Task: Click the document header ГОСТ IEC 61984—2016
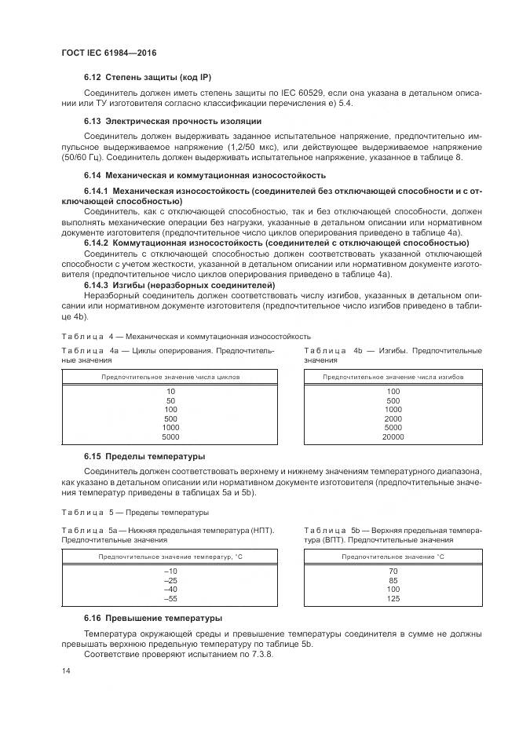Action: coord(108,52)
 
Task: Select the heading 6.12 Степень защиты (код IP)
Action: coord(148,77)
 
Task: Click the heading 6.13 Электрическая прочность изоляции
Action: coord(172,121)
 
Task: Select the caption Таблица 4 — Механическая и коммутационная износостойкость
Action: coord(186,335)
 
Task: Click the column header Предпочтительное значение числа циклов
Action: coord(170,377)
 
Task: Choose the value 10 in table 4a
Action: coord(170,390)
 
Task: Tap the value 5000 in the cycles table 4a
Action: coord(170,436)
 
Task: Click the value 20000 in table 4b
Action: coord(393,436)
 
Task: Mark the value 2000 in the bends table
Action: coord(393,418)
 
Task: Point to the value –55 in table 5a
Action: coord(170,599)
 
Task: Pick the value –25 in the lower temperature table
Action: coord(170,580)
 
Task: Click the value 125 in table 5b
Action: coord(393,599)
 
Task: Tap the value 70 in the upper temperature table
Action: coord(393,571)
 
